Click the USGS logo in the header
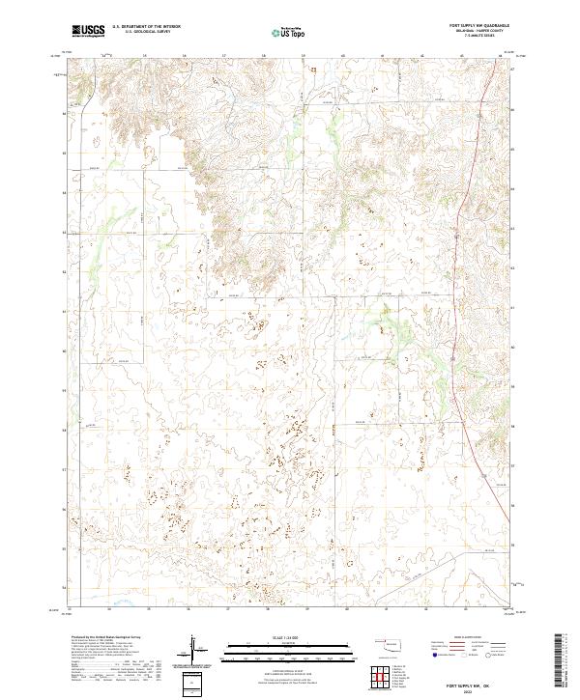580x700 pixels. (x=88, y=32)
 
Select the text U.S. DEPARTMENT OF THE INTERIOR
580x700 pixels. (x=146, y=27)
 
